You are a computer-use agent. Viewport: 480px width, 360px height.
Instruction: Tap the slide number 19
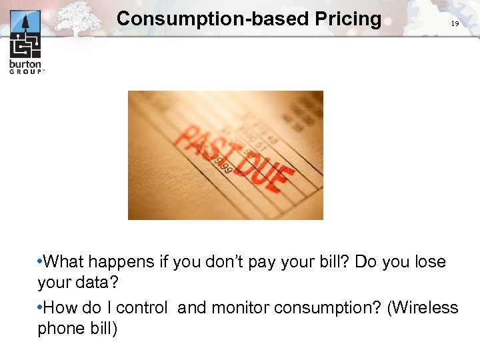[455, 23]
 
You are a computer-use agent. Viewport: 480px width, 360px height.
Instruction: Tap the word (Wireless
[424, 308]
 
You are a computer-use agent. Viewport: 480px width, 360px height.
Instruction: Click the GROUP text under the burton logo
[25, 71]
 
